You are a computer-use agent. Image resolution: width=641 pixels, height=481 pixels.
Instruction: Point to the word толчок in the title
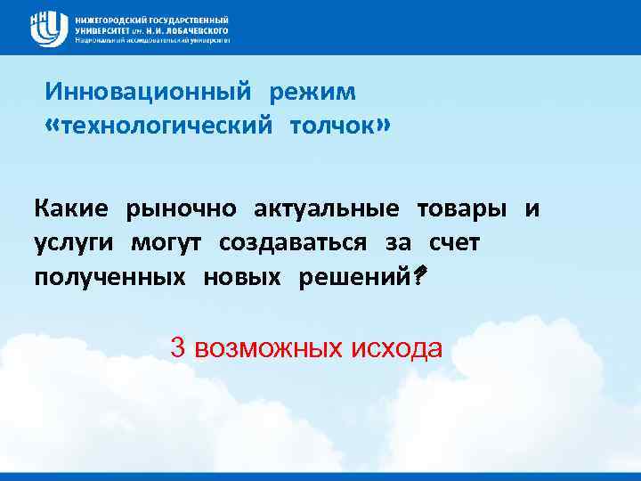click(x=330, y=126)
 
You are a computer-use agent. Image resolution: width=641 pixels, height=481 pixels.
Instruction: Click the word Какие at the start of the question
click(x=71, y=209)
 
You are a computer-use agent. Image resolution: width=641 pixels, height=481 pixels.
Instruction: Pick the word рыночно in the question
click(x=182, y=209)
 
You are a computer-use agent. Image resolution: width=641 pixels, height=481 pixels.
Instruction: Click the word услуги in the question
click(x=73, y=243)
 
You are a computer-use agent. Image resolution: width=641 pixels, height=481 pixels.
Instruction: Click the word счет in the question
click(x=454, y=243)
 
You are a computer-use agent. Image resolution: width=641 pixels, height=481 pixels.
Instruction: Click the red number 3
click(x=177, y=347)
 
